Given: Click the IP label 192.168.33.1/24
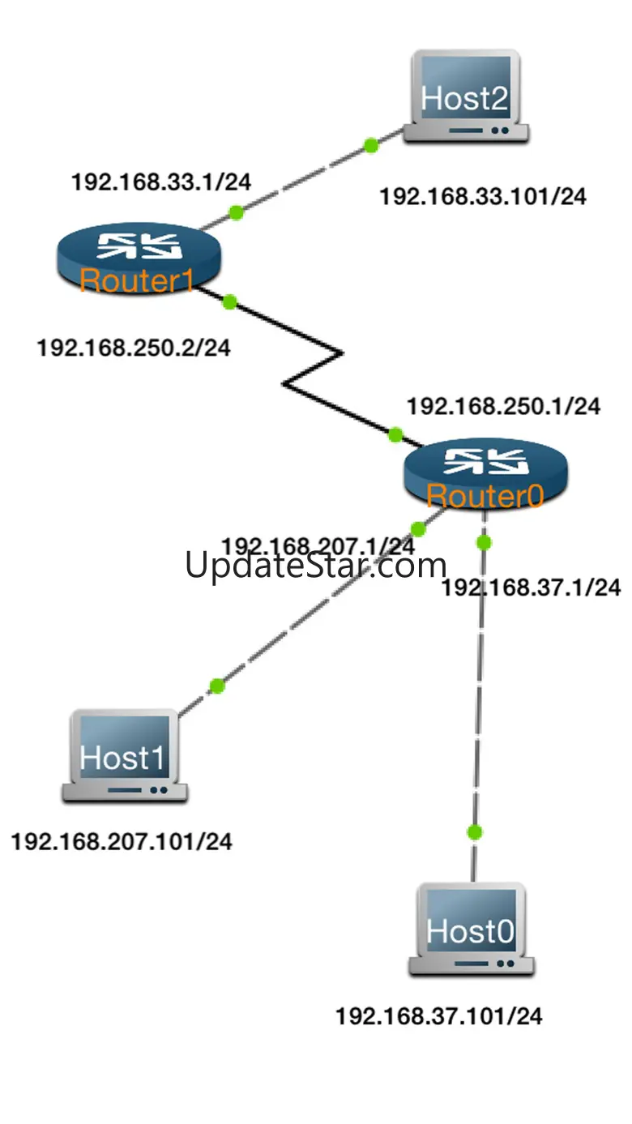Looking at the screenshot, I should point(161,182).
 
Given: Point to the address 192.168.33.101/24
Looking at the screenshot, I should point(483,196).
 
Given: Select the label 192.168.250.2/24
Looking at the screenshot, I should point(134,348).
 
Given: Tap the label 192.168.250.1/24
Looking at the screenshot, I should point(504,407).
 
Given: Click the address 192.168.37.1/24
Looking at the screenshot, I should point(532,588).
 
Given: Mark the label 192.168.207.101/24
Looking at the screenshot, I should point(122,841).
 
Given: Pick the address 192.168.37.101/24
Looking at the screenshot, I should point(439,1015).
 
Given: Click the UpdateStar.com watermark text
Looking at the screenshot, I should point(316,565).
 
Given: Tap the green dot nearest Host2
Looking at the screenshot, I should point(371,146).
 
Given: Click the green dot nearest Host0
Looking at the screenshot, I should point(475,832).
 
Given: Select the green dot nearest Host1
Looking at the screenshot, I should point(216,686).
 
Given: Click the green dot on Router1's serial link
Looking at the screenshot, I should point(229,301).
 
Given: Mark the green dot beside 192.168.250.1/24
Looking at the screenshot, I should point(395,435).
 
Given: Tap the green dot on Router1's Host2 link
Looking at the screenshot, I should point(236,213).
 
